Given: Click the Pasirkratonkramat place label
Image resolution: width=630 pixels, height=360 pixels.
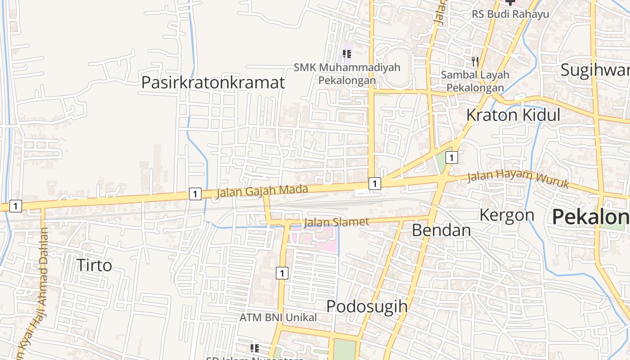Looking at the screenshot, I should [x=213, y=83].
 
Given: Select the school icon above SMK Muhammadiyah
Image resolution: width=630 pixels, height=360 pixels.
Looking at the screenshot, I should [x=347, y=54].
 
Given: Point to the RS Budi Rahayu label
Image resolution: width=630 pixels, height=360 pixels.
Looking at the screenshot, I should [x=510, y=14].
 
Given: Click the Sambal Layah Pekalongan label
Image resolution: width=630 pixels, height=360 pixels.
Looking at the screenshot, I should [x=475, y=81].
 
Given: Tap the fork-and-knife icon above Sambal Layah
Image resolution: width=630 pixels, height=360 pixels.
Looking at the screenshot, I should [x=475, y=61].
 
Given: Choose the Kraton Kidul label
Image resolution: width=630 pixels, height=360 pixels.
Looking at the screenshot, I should [x=513, y=115].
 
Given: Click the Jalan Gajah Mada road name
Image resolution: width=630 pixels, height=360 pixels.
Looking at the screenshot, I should [x=262, y=191].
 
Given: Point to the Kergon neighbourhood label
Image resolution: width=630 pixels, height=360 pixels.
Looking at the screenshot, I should [x=507, y=215].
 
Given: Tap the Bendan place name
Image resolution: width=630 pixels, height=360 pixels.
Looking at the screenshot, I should [x=441, y=230].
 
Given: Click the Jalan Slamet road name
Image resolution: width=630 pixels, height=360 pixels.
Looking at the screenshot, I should [x=336, y=222].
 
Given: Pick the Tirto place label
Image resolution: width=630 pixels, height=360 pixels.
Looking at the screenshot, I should [x=94, y=265].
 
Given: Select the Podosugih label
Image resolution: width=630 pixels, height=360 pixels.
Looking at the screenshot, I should [x=367, y=306].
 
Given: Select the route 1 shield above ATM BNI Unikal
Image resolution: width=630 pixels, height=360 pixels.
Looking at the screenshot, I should [x=282, y=273].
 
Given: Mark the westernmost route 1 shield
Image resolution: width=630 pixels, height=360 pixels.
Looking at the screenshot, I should [x=15, y=206].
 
